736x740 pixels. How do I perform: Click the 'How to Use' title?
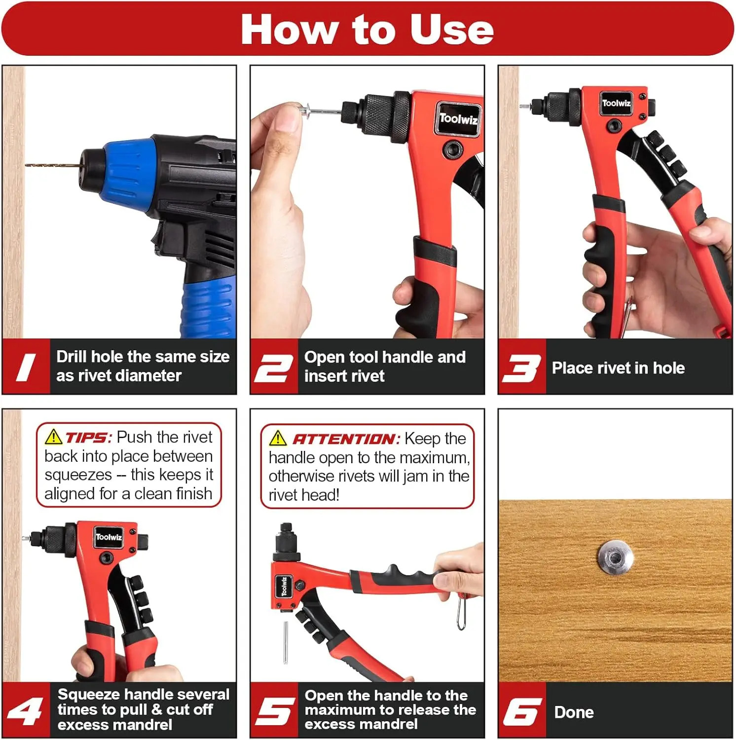[368, 30]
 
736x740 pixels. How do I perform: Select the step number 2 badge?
[274, 368]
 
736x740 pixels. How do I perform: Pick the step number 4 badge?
[26, 711]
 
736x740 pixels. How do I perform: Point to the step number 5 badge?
[274, 711]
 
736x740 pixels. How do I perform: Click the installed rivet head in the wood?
[616, 557]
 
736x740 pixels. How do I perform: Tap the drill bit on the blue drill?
[52, 165]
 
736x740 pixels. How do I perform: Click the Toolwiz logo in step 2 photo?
[458, 119]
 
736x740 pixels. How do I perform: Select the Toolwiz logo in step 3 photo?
[616, 103]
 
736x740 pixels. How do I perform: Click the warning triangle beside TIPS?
[53, 437]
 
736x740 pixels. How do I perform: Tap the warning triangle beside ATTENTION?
[278, 438]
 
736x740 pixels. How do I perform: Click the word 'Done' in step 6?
[574, 712]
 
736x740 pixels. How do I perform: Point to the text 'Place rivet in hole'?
[618, 368]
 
